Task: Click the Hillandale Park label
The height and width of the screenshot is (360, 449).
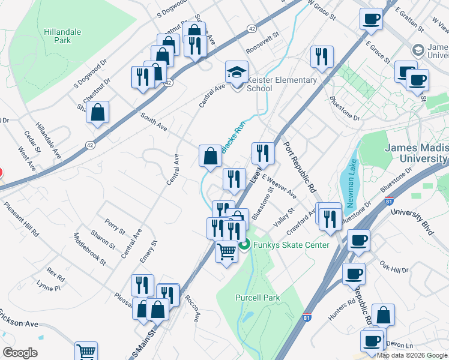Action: (58, 35)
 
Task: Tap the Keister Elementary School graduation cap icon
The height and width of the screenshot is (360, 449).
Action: (237, 73)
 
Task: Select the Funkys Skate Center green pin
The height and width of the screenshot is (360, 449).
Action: (244, 244)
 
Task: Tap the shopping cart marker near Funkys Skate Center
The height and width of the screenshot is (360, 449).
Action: (226, 253)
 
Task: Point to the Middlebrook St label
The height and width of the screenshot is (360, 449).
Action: (89, 249)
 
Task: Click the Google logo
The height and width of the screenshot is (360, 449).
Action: (20, 353)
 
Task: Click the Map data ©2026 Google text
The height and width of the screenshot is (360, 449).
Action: (411, 355)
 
